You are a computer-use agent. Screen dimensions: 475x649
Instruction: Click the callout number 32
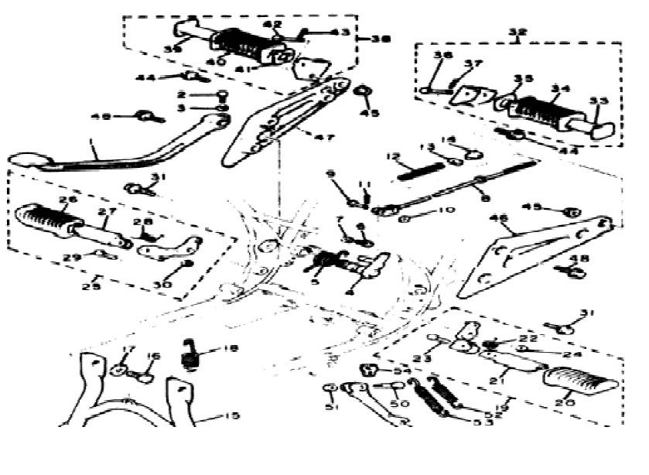pyautogui.click(x=517, y=32)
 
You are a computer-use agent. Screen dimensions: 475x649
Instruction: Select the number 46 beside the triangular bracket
pyautogui.click(x=500, y=219)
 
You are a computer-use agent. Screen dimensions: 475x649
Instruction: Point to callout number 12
pyautogui.click(x=393, y=157)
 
